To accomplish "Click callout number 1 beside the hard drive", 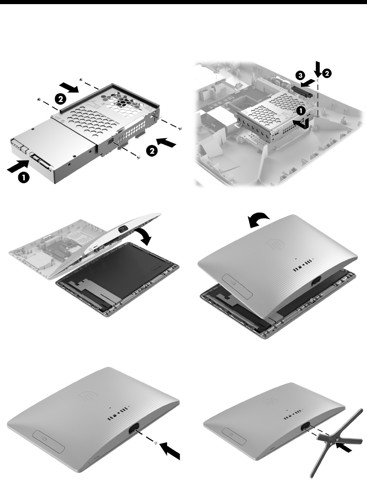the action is pos(23,177).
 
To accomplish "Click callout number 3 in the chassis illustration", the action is pos(301,75).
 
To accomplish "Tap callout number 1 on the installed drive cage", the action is pos(301,111).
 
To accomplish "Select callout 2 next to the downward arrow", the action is pos(326,73).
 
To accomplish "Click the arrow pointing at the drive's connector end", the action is pos(18,166).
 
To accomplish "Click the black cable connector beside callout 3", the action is pos(303,92).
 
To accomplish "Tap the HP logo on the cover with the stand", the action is pos(272,402).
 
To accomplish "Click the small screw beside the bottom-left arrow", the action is pos(156,442).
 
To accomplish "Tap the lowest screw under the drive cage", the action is pos(139,157).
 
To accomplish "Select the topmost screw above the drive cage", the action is pos(81,79).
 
